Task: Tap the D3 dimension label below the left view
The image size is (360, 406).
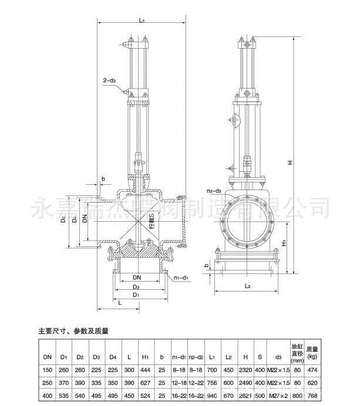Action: (136, 286)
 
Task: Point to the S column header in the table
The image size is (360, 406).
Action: (260, 356)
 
